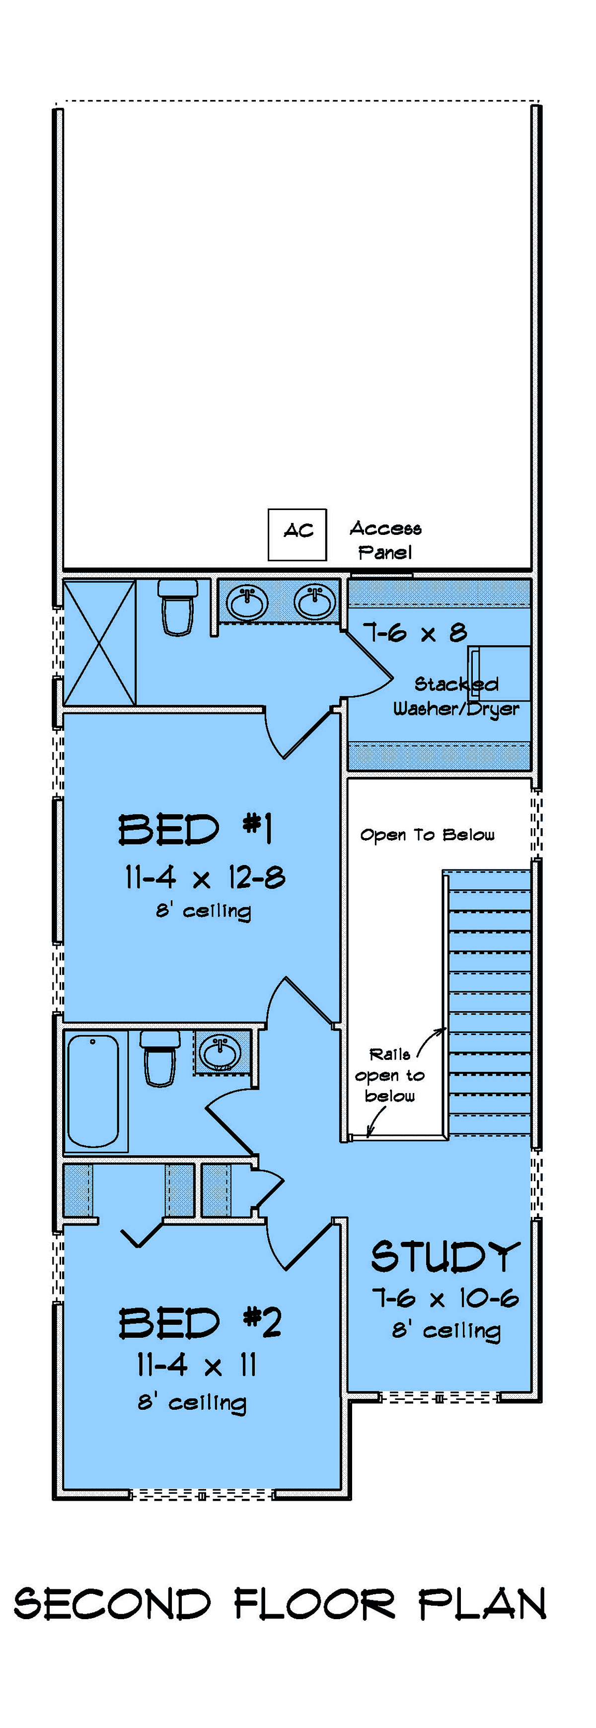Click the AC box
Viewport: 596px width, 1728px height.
tap(297, 534)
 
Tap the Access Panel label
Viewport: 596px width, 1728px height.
tap(385, 540)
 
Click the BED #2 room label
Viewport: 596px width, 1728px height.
tap(200, 1322)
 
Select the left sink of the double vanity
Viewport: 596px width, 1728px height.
tap(247, 601)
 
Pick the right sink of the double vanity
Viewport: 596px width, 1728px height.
tap(314, 601)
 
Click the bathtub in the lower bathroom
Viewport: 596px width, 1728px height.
tap(94, 1090)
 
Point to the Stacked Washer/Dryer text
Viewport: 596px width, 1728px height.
tap(456, 696)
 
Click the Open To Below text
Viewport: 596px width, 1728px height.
tap(428, 835)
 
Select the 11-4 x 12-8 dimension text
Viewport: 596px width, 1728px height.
tap(205, 877)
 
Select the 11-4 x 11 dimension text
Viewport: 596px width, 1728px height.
tap(197, 1365)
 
